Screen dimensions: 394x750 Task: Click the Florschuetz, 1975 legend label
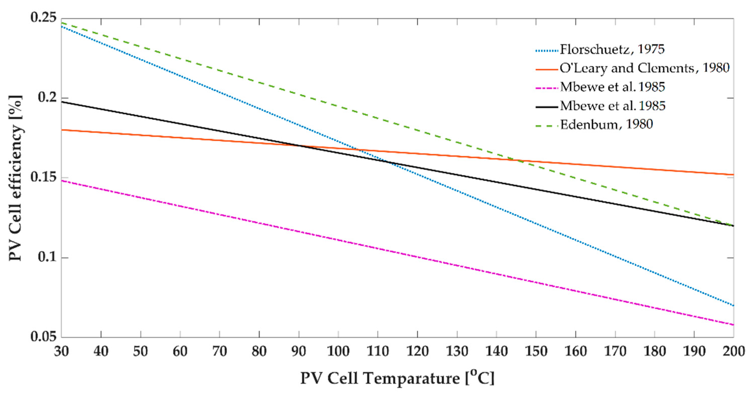(612, 49)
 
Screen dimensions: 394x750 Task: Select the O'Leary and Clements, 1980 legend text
(644, 68)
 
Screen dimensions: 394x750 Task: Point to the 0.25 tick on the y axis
(44, 18)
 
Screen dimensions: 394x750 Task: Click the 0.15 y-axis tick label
(44, 178)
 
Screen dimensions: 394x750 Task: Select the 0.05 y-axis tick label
(44, 337)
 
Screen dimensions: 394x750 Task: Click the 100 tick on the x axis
(338, 351)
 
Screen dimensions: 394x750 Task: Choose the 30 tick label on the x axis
(62, 351)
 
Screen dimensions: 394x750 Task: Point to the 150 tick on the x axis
(536, 351)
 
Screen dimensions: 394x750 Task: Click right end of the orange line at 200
(733, 175)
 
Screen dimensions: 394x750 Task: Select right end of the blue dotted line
(733, 306)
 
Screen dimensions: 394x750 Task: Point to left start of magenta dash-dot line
(62, 181)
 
